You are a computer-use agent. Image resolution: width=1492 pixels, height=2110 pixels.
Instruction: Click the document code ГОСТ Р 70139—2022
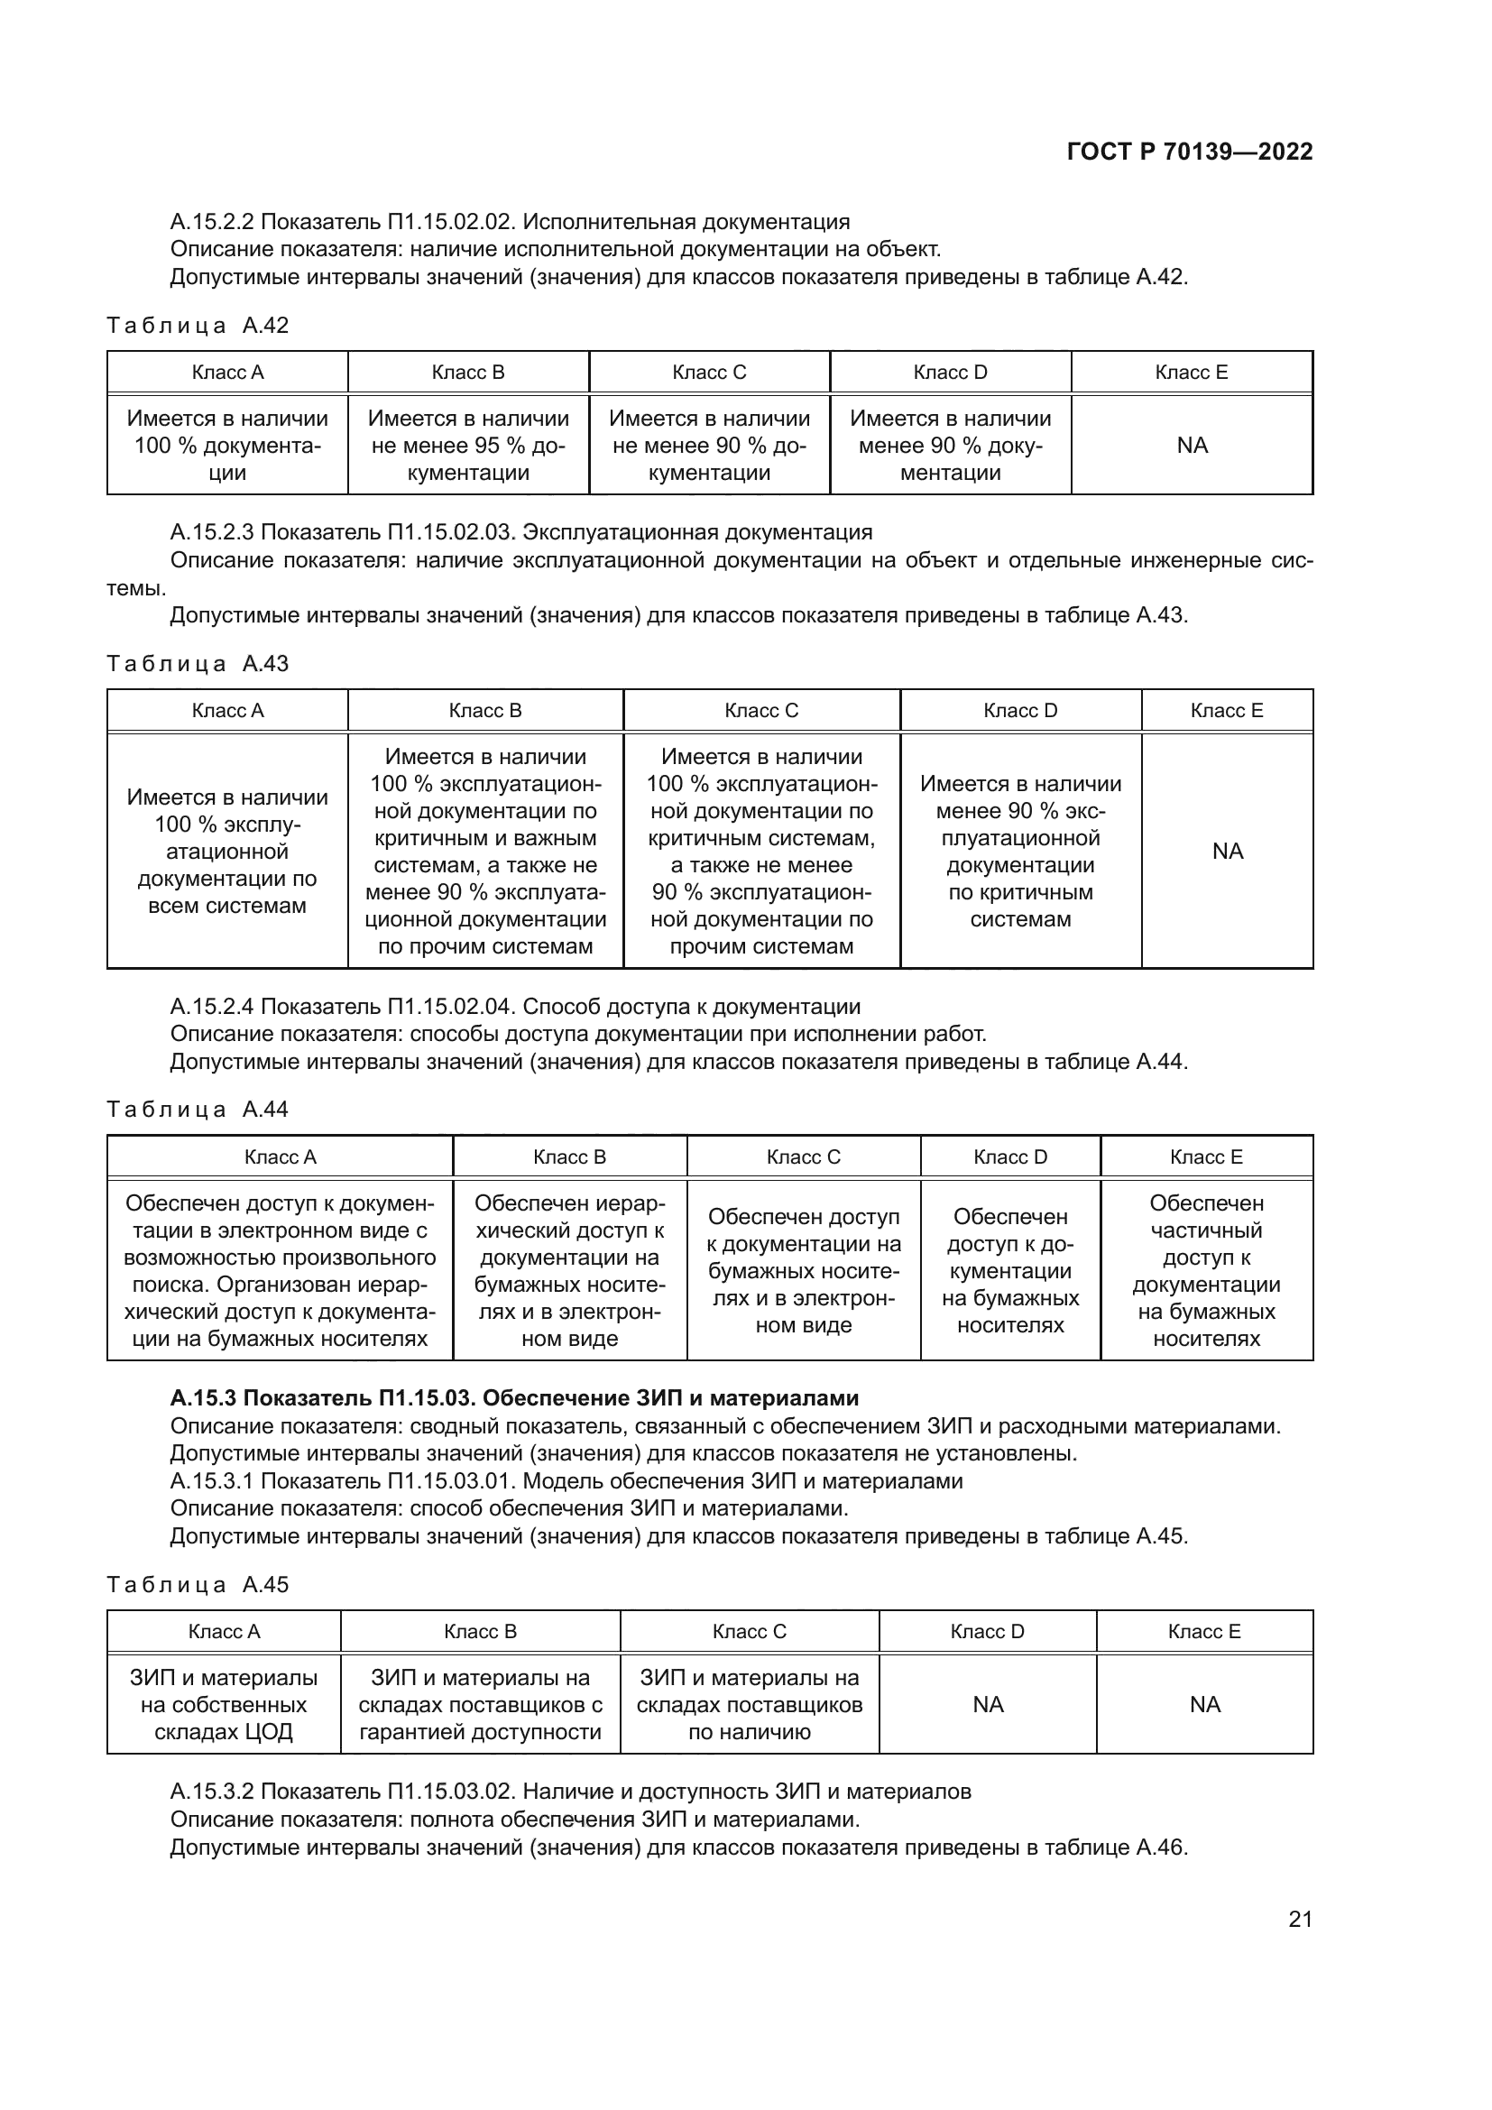pos(1190,152)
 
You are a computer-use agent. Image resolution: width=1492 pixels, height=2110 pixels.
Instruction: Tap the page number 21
pos(1300,1919)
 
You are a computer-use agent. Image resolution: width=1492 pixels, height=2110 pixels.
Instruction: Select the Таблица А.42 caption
pos(198,326)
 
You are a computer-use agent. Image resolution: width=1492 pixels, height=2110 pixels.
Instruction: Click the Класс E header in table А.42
pos(1191,373)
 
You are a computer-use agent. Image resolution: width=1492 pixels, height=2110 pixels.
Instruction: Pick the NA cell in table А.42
pos(1192,446)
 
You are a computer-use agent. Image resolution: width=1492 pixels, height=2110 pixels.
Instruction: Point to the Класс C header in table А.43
pos(760,710)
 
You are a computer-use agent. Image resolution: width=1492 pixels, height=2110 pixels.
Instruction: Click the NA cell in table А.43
pos(1228,851)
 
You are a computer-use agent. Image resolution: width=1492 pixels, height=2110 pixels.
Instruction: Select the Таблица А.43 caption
pos(198,664)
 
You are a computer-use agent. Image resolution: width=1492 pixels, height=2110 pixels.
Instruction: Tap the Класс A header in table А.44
pos(281,1157)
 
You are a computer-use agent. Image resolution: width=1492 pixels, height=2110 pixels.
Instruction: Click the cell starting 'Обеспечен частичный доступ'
pos(1206,1270)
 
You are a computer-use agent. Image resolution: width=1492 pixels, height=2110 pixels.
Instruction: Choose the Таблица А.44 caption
pos(198,1110)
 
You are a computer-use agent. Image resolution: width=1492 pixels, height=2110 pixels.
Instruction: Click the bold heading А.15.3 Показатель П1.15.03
pos(514,1397)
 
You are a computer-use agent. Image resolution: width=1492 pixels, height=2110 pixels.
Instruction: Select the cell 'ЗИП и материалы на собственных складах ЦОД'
pos(225,1705)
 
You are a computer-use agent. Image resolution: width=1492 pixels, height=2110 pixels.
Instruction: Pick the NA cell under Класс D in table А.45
pos(988,1705)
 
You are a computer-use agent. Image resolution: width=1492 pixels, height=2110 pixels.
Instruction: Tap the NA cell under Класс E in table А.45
pos(1204,1705)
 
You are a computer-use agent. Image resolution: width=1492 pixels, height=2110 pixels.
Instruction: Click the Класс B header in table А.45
pos(480,1631)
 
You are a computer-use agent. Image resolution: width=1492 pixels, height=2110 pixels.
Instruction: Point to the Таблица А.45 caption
pos(198,1584)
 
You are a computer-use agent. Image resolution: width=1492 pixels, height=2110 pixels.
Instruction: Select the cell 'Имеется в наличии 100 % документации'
pos(227,446)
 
